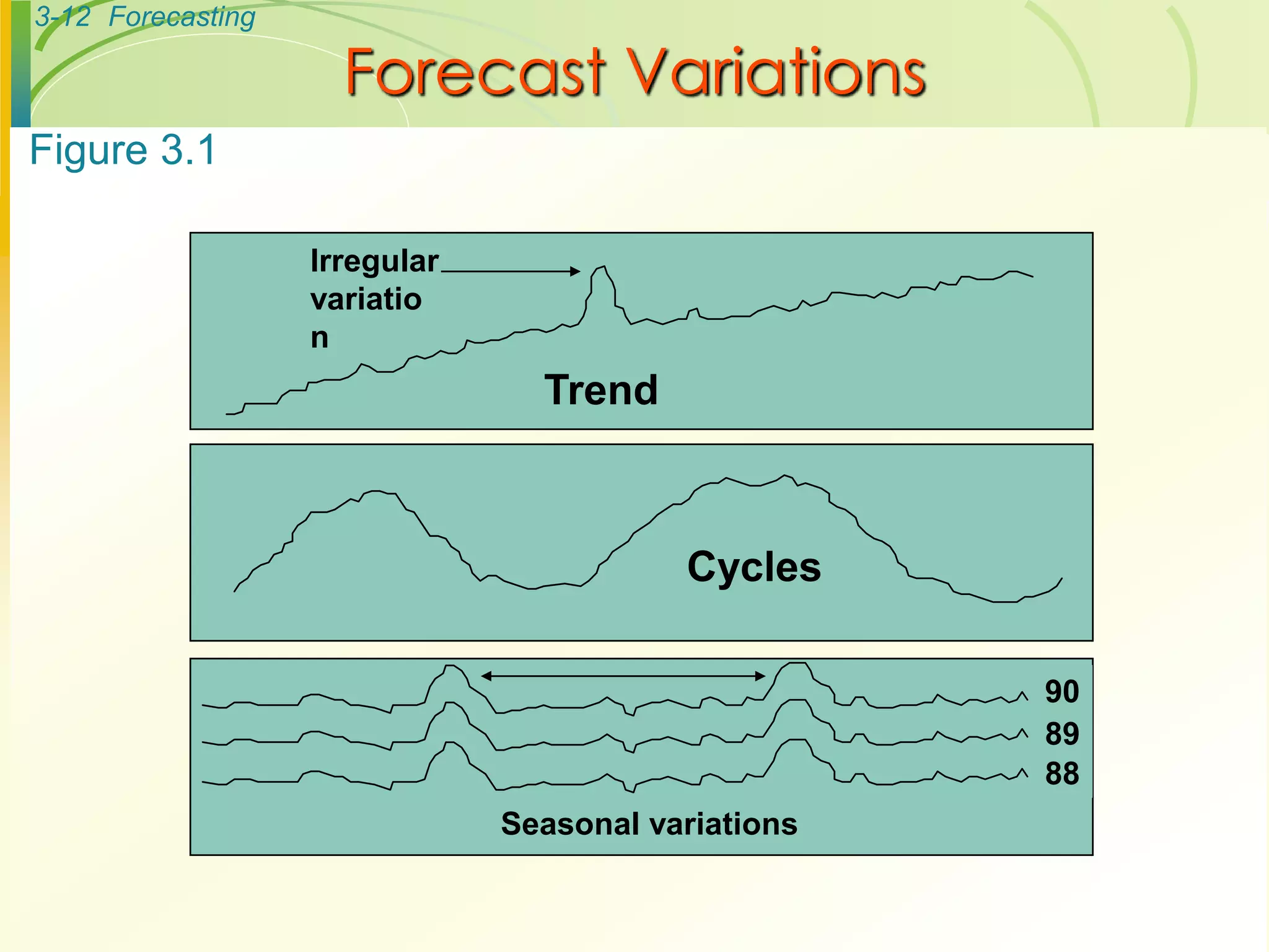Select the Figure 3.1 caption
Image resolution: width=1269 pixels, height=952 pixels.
[x=123, y=151]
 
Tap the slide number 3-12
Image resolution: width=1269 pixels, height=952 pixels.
[x=62, y=17]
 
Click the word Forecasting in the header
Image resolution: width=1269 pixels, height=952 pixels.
[x=182, y=17]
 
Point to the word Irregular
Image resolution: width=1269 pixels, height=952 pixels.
[x=374, y=261]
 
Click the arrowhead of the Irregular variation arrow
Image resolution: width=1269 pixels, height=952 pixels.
[x=576, y=271]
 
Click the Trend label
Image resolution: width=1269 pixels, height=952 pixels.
[x=601, y=390]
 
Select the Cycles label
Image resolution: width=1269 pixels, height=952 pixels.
[x=753, y=566]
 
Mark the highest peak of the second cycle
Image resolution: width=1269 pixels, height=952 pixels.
[x=786, y=475]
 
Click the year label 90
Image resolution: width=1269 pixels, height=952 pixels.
[x=1061, y=692]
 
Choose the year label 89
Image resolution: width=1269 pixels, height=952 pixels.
[x=1061, y=734]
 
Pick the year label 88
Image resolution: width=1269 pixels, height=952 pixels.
[x=1061, y=773]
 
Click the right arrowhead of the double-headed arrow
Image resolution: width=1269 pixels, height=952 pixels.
[x=761, y=676]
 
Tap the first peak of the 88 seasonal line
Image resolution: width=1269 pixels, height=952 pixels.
[x=452, y=743]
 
